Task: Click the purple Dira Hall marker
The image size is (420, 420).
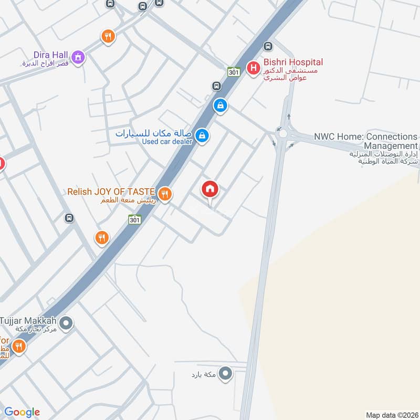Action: coord(78,57)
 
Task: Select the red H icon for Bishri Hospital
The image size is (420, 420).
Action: coord(254,68)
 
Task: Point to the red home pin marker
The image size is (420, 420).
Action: coord(210,189)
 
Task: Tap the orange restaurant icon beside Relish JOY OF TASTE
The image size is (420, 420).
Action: coord(165,194)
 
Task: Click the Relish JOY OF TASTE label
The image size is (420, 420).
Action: coord(111,192)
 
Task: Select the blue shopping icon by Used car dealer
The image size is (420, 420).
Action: coord(201,136)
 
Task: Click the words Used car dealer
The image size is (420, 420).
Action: coord(167,141)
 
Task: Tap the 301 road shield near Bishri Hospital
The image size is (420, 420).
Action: coord(234,72)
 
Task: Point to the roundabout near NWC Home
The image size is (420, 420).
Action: coord(283,133)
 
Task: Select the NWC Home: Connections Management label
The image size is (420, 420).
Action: coord(365,141)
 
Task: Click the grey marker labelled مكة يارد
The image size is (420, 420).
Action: coord(226,374)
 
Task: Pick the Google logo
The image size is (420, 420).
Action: coord(22,412)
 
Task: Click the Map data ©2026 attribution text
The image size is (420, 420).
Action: coord(391,415)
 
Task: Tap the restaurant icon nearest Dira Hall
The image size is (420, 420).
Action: coord(108,36)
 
